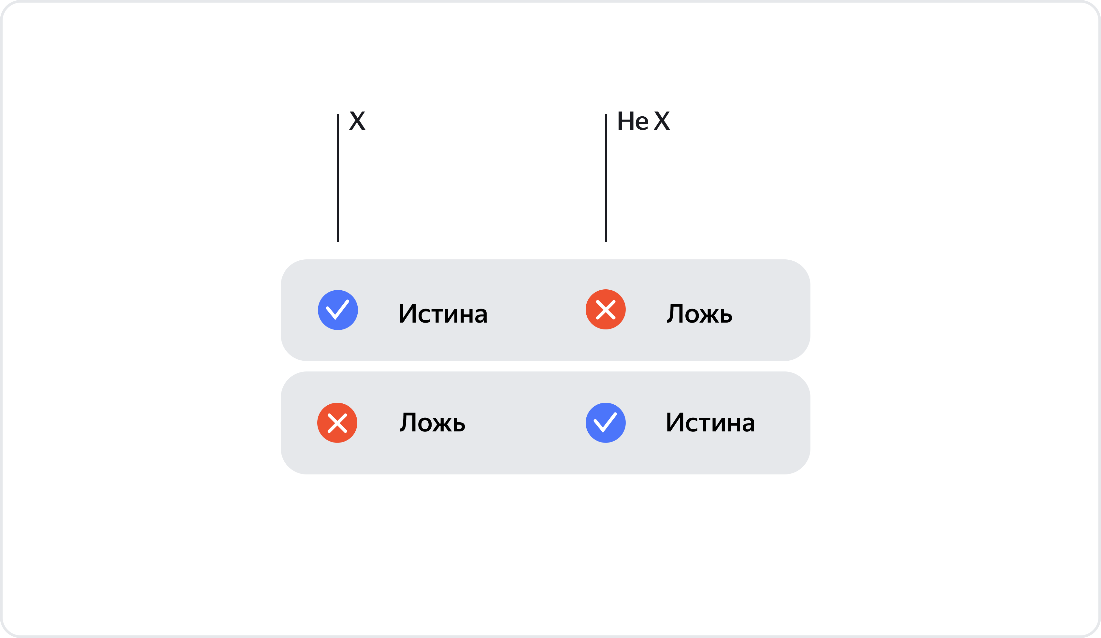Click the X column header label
coord(357,121)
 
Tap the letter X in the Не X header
coord(662,121)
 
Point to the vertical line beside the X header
coord(338,178)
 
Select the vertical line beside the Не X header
coord(606,178)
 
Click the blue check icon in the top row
coord(338,310)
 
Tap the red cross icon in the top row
coord(606,309)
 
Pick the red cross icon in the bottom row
coord(337,423)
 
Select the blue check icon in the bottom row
coord(606,423)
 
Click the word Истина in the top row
coord(443,313)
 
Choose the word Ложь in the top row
coord(699,313)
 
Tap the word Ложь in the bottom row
coord(432,422)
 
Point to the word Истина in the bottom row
coord(710,422)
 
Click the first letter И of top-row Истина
coord(407,313)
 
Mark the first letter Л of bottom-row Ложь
coord(408,422)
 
